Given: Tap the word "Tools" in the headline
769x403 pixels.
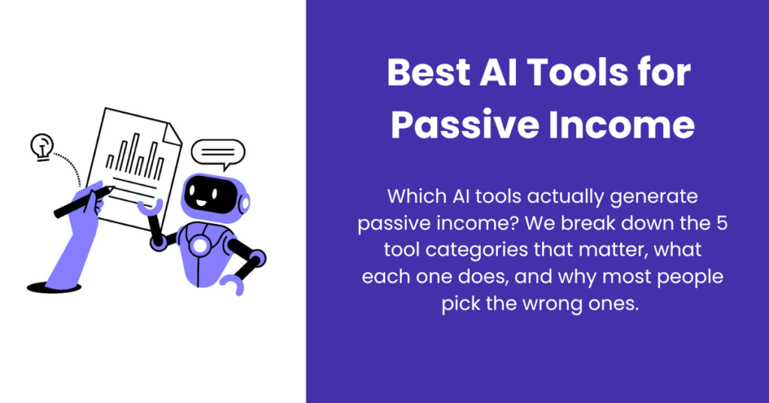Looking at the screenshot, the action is (577, 73).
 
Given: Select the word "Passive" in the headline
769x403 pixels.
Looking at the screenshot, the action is (464, 125).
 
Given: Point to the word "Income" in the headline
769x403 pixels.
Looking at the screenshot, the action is (621, 125).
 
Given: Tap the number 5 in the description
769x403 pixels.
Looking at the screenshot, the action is (722, 223).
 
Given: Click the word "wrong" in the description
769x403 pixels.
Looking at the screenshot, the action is (552, 305).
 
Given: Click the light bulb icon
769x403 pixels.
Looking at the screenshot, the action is (42, 147).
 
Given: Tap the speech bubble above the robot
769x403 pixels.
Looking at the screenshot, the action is (218, 154).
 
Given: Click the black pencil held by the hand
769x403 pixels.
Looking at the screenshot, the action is (83, 201).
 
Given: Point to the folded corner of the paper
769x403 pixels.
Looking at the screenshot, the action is (173, 135).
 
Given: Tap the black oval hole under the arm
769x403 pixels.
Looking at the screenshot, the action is (54, 288).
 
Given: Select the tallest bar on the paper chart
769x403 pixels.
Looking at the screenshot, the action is (136, 154).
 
